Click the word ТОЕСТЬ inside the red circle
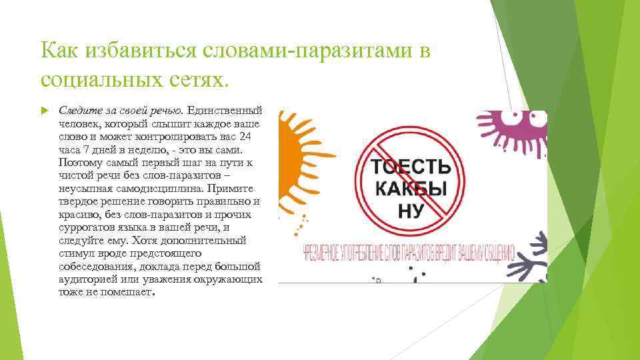(x=407, y=167)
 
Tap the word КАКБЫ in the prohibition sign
(x=407, y=188)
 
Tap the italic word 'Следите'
(x=77, y=109)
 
